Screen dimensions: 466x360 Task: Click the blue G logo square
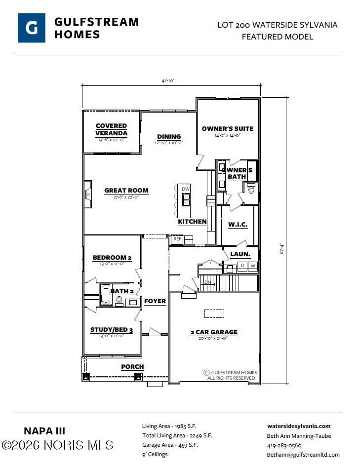coord(32,28)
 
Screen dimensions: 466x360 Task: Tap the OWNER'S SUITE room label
coord(228,129)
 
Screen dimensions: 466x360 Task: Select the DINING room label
coord(169,137)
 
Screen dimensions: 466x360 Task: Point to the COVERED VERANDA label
coord(111,129)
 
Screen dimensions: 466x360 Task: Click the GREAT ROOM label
coord(126,191)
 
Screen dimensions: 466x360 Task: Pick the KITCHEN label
coord(192,222)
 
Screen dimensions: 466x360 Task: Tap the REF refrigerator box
coord(177,239)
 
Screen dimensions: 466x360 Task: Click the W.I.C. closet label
coord(238,225)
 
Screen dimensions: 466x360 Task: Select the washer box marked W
coord(253,266)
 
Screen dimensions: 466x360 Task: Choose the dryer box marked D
coord(242,266)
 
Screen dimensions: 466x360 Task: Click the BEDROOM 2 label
coord(112,258)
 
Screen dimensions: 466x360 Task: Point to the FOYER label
coord(155,301)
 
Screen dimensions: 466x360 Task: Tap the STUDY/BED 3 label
coord(112,330)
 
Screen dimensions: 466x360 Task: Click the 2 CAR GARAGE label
coord(214,332)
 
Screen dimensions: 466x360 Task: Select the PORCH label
coord(132,367)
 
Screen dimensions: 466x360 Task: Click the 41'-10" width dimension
coord(168,80)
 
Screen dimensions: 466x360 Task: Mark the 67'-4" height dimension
coord(282,248)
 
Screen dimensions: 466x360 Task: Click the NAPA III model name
coord(44,431)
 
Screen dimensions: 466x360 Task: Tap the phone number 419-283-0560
coord(284,445)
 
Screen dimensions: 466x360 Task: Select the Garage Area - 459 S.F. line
coord(170,445)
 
